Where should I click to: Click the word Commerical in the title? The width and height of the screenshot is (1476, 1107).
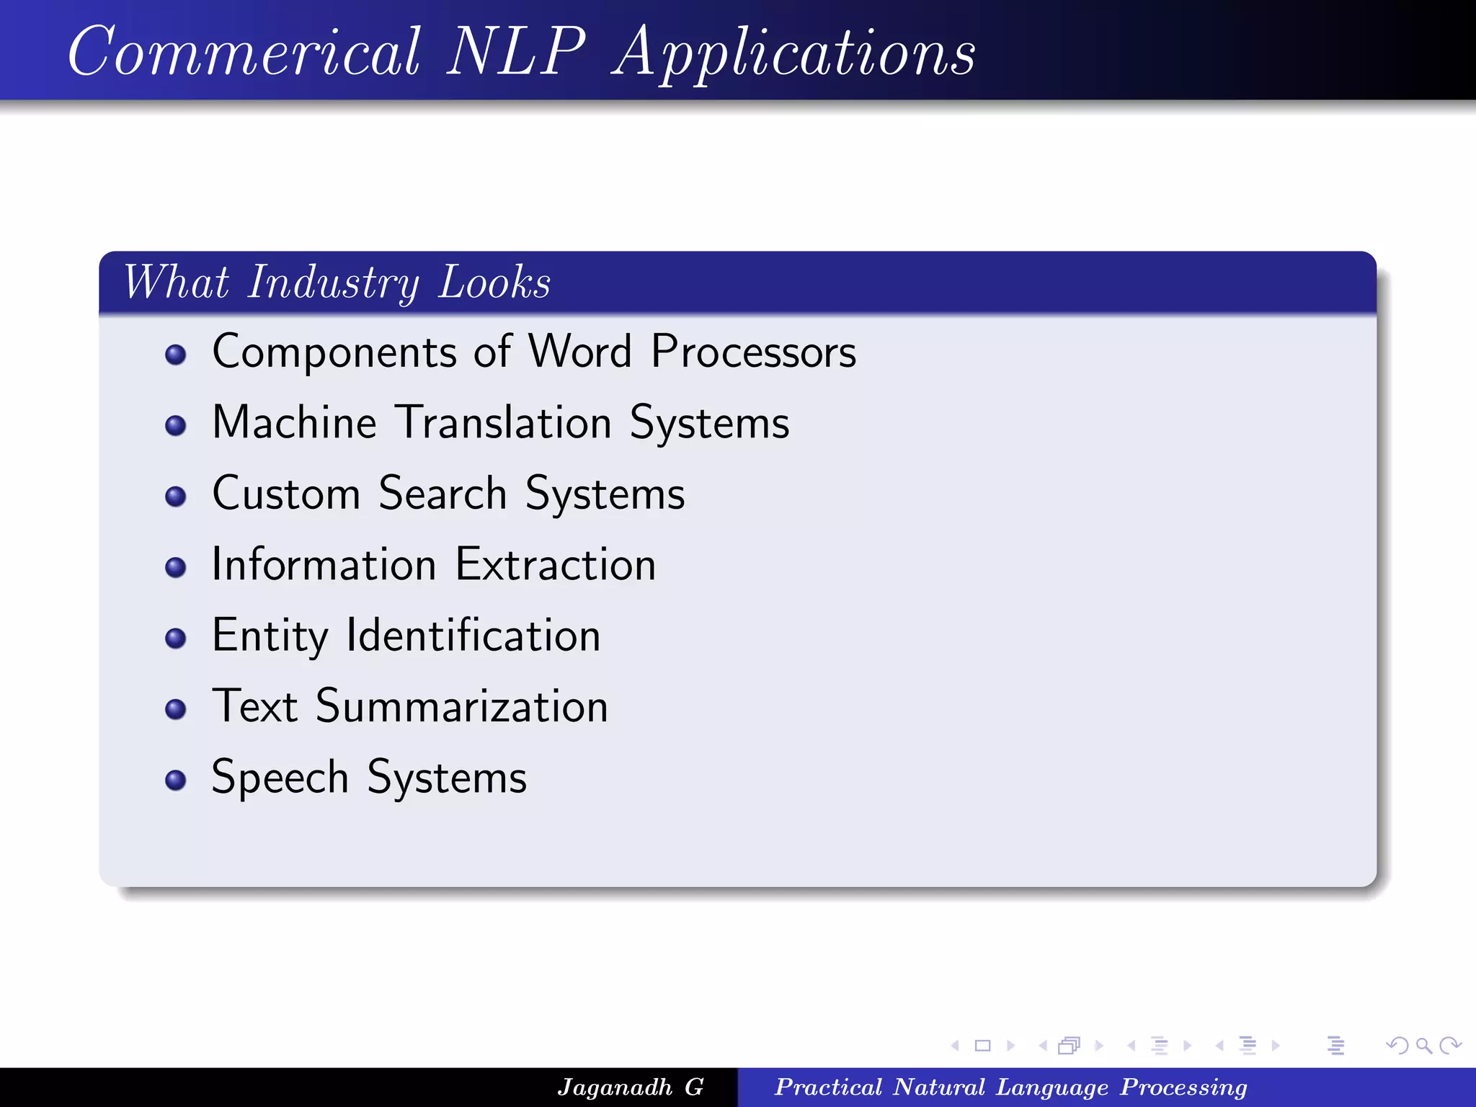tap(244, 52)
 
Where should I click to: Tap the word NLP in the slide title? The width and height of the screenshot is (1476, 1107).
tap(516, 52)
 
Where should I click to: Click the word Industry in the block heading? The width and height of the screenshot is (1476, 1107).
tap(333, 283)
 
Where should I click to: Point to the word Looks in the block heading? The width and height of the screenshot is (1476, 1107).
tap(494, 283)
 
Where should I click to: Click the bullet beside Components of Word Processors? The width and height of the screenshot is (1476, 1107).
tap(175, 355)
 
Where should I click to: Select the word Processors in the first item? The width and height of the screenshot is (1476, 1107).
tap(753, 352)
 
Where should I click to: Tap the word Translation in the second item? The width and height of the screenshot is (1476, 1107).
tap(504, 422)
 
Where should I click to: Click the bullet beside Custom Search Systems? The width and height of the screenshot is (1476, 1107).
tap(175, 497)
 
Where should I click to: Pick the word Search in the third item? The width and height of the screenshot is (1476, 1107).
tap(443, 494)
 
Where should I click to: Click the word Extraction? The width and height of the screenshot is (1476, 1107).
tap(556, 564)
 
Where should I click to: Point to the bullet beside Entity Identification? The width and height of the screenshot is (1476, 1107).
tap(175, 639)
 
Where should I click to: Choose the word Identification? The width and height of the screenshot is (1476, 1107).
tap(473, 636)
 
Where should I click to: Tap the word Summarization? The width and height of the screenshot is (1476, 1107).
tap(462, 706)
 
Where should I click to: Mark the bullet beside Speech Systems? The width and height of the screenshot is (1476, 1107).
tap(175, 781)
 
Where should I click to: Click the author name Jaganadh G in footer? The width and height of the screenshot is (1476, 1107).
tap(630, 1087)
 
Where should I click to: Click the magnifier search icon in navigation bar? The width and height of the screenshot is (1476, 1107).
tap(1423, 1045)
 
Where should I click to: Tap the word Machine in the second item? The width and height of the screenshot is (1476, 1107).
tap(294, 422)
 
